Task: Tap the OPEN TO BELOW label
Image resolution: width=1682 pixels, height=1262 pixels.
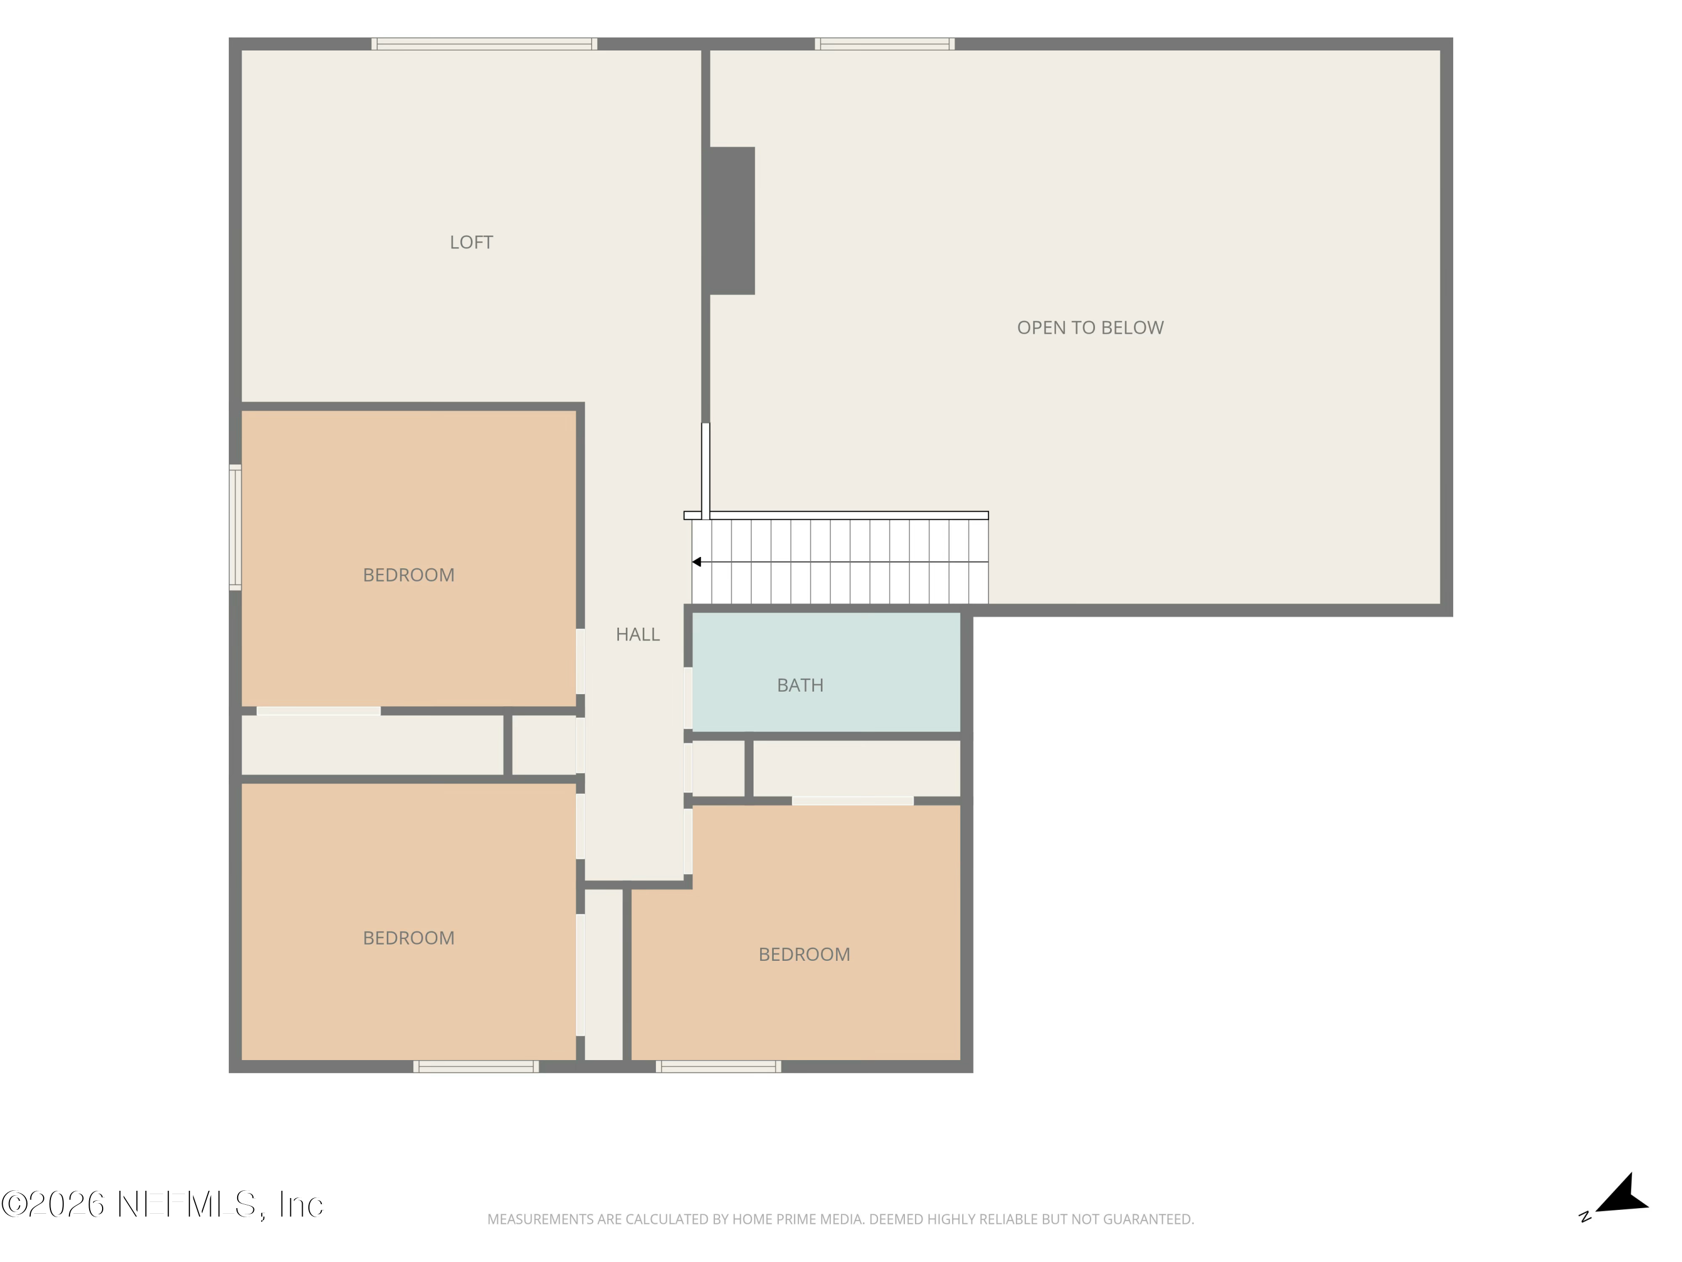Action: click(x=1090, y=328)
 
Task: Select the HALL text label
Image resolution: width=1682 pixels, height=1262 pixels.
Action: click(x=638, y=634)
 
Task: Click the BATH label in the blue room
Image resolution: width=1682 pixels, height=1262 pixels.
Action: click(x=800, y=685)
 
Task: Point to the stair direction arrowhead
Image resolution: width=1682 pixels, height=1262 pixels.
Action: click(x=696, y=562)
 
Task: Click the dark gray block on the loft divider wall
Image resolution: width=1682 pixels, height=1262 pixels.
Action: click(x=732, y=220)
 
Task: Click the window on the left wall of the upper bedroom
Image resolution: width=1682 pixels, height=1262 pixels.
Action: click(x=235, y=527)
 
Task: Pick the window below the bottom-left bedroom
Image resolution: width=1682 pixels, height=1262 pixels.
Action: click(x=476, y=1066)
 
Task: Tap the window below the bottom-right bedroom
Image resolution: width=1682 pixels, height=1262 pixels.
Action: click(x=719, y=1066)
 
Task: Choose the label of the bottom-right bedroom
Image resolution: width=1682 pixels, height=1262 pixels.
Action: click(x=805, y=955)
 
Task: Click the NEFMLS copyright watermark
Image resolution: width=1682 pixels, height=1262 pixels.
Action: click(x=162, y=1204)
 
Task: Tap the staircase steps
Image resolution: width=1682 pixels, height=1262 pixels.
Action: click(x=840, y=562)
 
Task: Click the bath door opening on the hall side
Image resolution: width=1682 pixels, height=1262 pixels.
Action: click(x=688, y=698)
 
